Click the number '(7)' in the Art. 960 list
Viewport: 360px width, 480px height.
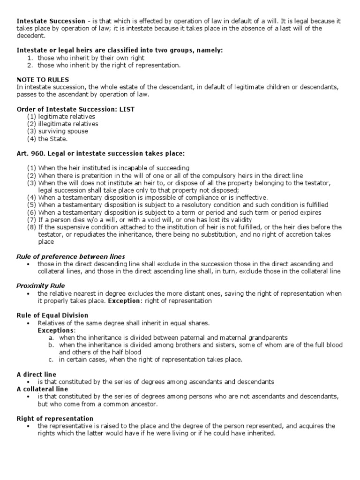coord(31,220)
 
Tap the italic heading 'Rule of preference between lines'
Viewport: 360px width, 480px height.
coord(71,256)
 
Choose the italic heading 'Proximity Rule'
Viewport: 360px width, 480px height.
coord(41,285)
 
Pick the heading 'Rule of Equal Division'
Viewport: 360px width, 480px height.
coord(52,315)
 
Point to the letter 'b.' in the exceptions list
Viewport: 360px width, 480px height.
coord(52,345)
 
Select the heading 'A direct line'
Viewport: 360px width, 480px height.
coord(37,374)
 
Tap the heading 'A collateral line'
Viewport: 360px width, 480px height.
coord(42,389)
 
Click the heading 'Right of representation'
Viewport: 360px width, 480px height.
coord(55,418)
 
